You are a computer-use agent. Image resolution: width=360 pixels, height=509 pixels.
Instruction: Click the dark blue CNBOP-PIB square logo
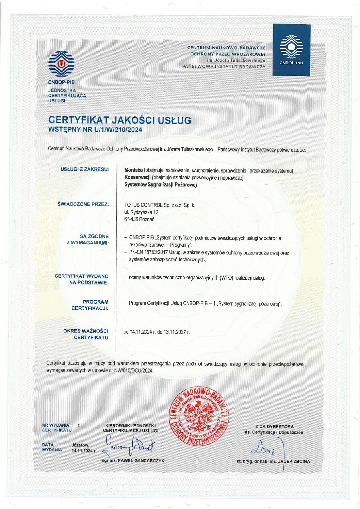pos(291,50)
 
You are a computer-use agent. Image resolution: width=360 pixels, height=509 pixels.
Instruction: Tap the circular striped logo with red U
pos(61,64)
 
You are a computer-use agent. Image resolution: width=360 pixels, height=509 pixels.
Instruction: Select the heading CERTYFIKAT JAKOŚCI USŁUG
pos(120,120)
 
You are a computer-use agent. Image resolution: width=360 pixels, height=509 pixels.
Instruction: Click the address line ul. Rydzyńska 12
pos(142,212)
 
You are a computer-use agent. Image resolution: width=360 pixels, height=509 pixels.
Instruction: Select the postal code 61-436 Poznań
pos(140,219)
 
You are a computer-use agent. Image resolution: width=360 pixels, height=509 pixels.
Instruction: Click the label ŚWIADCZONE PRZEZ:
pos(83,204)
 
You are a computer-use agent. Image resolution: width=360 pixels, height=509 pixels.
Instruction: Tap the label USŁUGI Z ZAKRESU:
pos(85,169)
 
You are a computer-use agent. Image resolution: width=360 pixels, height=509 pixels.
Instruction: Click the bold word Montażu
pos(134,170)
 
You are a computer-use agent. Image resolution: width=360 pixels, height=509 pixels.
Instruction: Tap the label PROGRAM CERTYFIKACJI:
pos(90,305)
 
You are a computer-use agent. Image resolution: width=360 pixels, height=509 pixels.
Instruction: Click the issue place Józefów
pos(80,445)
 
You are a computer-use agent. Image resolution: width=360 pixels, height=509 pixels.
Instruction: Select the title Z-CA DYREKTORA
pos(274,426)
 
